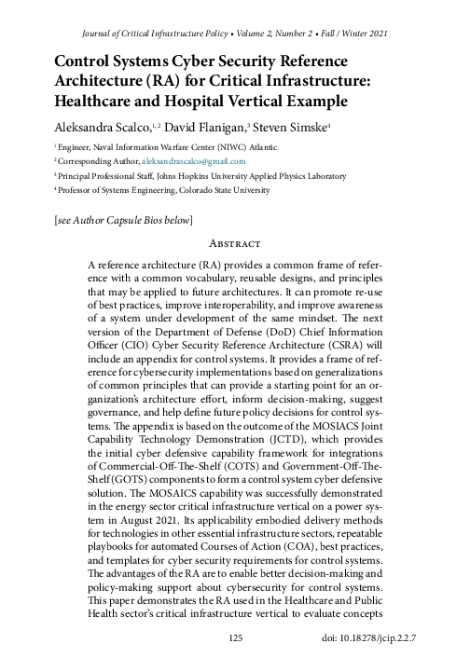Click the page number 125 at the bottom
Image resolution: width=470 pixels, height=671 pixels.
tap(235, 637)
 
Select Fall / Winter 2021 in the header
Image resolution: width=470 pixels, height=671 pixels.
tap(345, 33)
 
